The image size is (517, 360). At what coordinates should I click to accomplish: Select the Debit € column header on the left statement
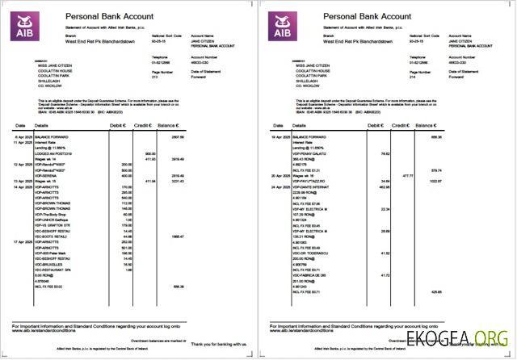tap(118, 127)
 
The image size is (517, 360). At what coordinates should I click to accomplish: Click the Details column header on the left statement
tap(42, 127)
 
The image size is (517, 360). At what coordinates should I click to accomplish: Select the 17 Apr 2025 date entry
tap(23, 241)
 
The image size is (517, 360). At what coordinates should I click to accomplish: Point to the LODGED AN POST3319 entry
tap(53, 153)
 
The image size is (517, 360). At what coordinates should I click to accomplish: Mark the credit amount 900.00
tap(149, 153)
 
